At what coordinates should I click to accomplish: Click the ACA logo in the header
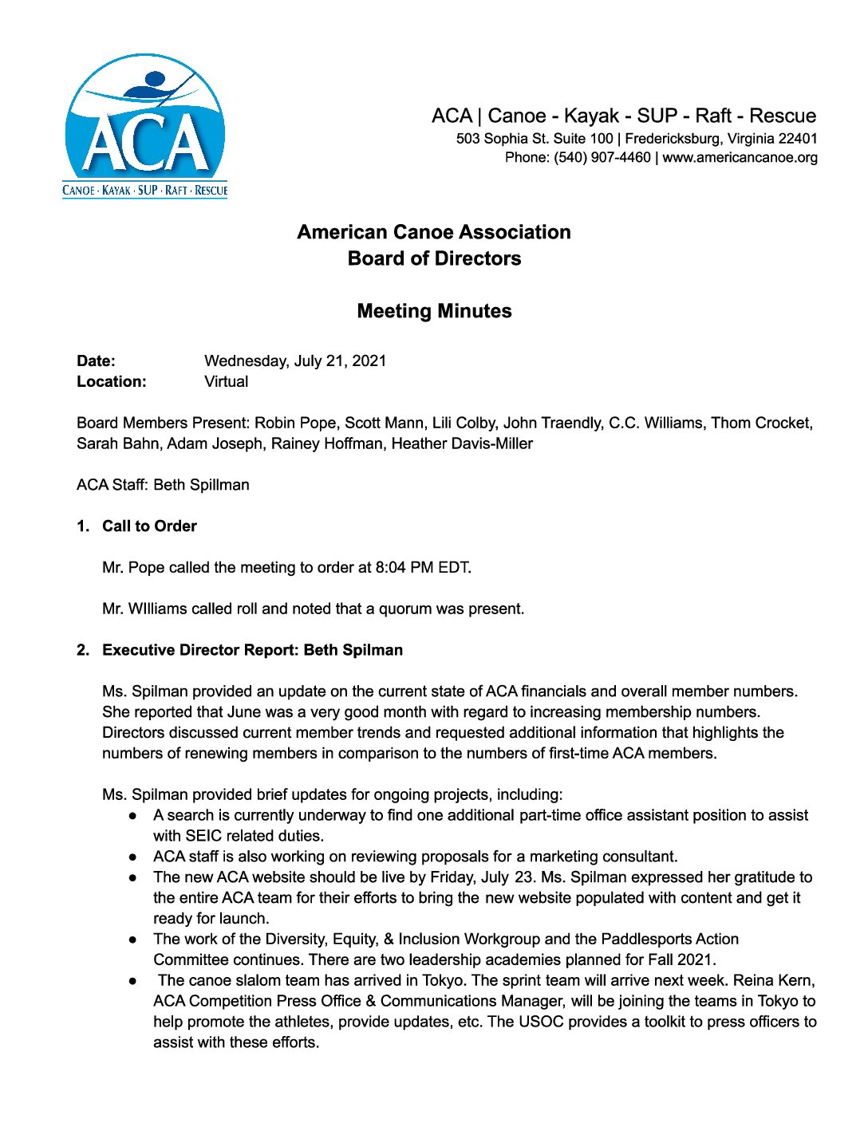coord(145,126)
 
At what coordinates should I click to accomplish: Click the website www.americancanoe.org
coord(740,158)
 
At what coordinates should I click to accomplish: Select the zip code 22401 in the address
coord(798,139)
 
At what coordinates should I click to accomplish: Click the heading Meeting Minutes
coord(434,311)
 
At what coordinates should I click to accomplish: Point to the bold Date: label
coord(96,361)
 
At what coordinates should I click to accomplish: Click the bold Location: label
coord(112,382)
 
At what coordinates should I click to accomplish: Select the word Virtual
coord(226,382)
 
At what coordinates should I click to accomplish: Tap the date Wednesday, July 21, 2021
coord(295,361)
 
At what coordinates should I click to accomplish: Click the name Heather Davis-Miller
coord(462,444)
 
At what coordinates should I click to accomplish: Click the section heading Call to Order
coord(149,526)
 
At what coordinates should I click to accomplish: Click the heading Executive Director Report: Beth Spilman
coord(252,651)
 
